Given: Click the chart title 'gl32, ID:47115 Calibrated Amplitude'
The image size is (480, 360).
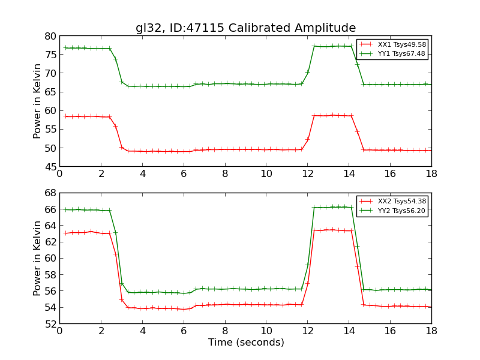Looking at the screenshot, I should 245,28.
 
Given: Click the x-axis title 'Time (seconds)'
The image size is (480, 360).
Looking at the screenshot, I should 246,343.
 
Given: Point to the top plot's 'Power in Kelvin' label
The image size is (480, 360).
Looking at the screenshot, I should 38,101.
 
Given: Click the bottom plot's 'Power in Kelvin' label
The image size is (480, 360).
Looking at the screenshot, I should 38,258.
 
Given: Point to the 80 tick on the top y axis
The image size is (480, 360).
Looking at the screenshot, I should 49,36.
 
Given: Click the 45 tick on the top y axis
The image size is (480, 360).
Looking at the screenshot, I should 49,166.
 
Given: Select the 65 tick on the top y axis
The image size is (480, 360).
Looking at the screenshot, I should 49,92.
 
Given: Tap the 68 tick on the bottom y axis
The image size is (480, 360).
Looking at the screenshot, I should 49,193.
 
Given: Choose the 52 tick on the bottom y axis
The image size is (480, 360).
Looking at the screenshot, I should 49,323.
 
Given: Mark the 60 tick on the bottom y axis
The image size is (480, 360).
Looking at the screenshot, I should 49,258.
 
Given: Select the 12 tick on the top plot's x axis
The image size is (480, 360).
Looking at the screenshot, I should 307,174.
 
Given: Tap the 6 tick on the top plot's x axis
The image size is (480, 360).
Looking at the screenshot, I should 184,174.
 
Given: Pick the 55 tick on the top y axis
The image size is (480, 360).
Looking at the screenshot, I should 49,129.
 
